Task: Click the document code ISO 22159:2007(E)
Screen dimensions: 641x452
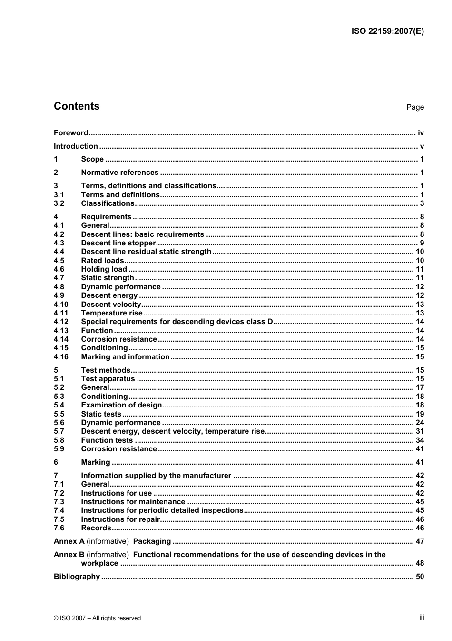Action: [387, 31]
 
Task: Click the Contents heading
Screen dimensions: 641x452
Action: [77, 106]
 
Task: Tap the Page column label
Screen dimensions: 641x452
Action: [415, 107]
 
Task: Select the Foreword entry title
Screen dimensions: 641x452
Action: [71, 133]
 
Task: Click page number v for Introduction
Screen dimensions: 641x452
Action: [422, 146]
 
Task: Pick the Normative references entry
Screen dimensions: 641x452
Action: [120, 173]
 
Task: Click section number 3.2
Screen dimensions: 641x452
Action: [59, 203]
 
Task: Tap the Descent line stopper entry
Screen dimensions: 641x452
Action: [118, 243]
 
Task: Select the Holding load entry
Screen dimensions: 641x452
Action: [104, 269]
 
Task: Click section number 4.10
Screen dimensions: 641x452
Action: [61, 305]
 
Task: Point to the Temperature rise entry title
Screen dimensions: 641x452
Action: [112, 313]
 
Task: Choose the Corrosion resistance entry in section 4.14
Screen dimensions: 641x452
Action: [119, 339]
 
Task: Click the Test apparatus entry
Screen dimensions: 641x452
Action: [108, 379]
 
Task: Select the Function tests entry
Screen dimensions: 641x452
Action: [107, 440]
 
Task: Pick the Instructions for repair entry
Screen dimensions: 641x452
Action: [120, 519]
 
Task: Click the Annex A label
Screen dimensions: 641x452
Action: [69, 541]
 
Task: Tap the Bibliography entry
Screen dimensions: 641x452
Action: [77, 577]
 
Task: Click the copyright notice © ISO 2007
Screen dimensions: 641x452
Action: [98, 618]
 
